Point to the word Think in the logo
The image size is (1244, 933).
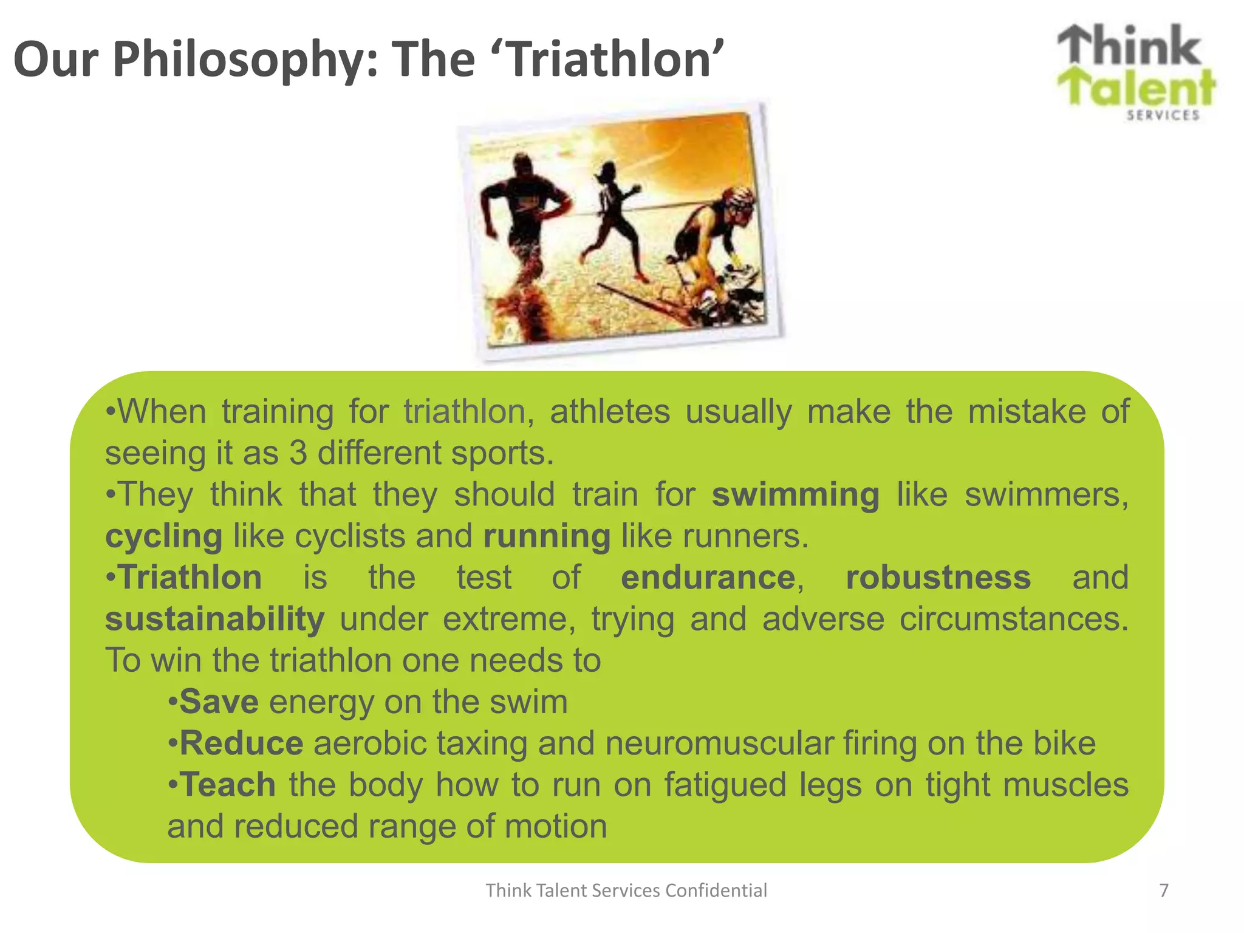pos(1130,46)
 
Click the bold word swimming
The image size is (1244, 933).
pos(795,494)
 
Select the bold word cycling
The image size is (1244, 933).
pos(164,536)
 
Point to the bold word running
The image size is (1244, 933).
pos(547,536)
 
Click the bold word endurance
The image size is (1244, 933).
pos(708,578)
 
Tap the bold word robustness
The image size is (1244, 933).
pos(938,578)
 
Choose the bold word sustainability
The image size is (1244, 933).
pos(215,619)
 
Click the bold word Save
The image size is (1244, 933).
pos(219,702)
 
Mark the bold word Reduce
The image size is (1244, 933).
pos(241,743)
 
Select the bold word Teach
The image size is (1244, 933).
pos(228,785)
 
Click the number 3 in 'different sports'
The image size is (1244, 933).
pos(298,453)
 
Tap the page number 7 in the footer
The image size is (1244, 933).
pos(1164,890)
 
